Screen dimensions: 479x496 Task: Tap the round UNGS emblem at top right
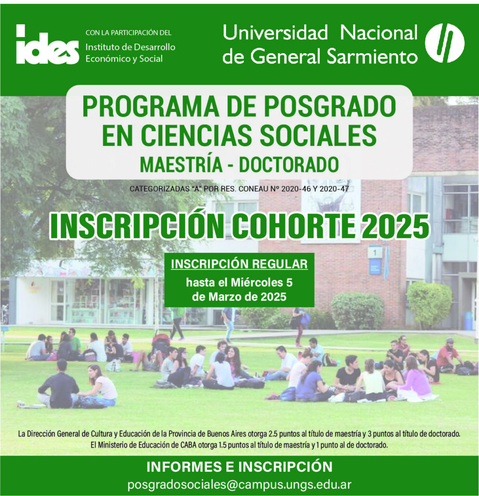445,43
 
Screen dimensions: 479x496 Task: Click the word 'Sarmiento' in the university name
372,57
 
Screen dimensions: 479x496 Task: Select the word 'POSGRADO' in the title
330,107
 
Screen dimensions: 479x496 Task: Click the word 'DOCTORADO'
289,165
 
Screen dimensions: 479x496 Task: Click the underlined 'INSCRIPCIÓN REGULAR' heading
239,264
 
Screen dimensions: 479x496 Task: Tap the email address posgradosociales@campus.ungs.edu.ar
239,484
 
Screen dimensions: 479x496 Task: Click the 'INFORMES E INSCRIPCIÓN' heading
239,467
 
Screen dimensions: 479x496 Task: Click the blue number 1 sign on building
375,253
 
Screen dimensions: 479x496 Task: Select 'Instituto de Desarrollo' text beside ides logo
131,47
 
